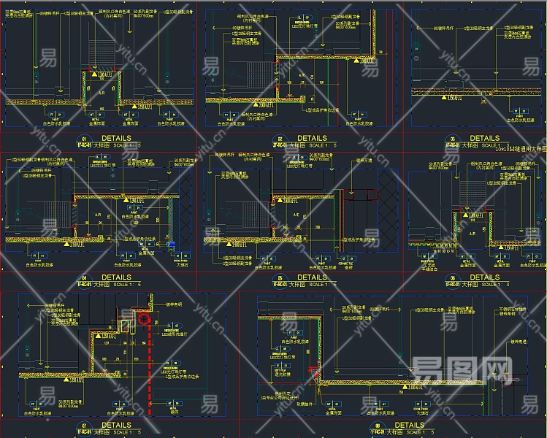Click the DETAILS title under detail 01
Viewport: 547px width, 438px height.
tap(117, 137)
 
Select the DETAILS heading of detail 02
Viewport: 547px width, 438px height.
tap(312, 138)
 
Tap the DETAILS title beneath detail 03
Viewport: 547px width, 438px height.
tap(484, 138)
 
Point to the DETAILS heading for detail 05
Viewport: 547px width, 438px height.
tap(312, 277)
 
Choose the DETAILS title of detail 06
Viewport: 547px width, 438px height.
tap(484, 277)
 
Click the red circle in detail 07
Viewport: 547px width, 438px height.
tap(144, 318)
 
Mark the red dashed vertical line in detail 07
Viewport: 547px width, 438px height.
tap(151, 365)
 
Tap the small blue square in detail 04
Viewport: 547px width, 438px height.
tap(172, 244)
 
